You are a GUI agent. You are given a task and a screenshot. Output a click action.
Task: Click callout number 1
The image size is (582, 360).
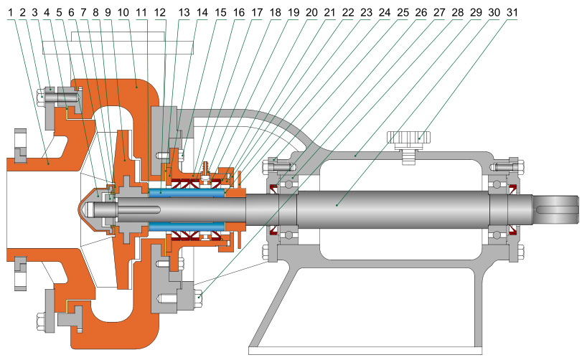[x=11, y=12]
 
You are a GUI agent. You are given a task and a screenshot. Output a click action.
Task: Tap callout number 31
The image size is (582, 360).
[x=510, y=12]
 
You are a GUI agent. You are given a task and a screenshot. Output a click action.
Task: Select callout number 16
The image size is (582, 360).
[x=238, y=12]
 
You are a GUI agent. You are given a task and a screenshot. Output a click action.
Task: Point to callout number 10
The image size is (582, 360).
[x=123, y=12]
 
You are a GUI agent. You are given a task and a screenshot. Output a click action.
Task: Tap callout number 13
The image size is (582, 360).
[x=182, y=12]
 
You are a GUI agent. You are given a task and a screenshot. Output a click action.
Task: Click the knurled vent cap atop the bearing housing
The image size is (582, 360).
[x=407, y=137]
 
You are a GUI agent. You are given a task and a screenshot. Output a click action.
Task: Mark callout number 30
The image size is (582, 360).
[x=492, y=12]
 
